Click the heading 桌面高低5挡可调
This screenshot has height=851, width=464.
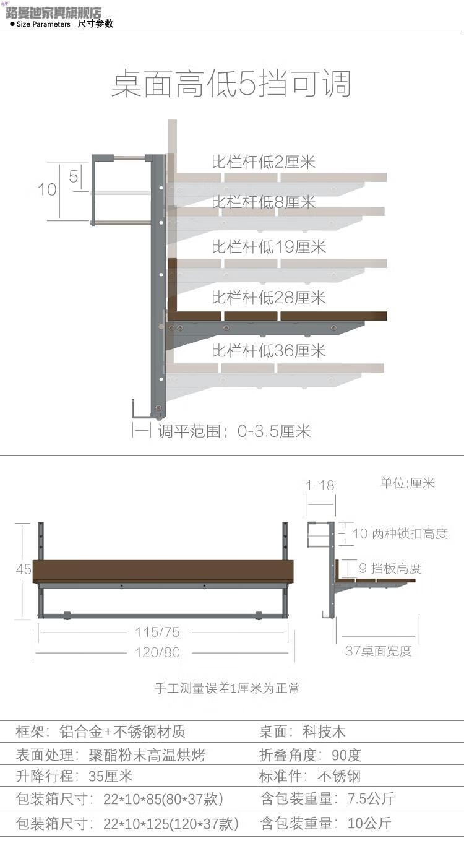click(231, 84)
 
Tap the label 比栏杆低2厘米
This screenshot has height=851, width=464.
click(264, 162)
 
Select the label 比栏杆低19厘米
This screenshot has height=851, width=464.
click(269, 246)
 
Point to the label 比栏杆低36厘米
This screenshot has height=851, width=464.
click(269, 351)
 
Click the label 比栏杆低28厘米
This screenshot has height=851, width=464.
click(269, 298)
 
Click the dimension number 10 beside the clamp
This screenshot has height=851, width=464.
click(47, 189)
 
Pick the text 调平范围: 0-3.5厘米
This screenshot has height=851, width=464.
click(234, 431)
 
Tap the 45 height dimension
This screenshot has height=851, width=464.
click(24, 569)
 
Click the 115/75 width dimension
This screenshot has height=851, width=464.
click(157, 632)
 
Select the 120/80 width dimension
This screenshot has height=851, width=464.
click(157, 652)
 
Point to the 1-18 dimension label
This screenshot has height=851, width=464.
click(320, 485)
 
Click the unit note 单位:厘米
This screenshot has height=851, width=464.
click(407, 483)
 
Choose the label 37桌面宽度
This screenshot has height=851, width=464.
click(378, 651)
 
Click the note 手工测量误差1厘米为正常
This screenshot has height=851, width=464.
click(227, 688)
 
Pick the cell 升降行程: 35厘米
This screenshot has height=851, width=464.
click(74, 776)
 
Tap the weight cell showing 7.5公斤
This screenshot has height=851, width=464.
click(327, 798)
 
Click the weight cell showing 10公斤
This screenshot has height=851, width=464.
click(325, 824)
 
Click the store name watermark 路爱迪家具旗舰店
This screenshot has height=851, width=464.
click(53, 12)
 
